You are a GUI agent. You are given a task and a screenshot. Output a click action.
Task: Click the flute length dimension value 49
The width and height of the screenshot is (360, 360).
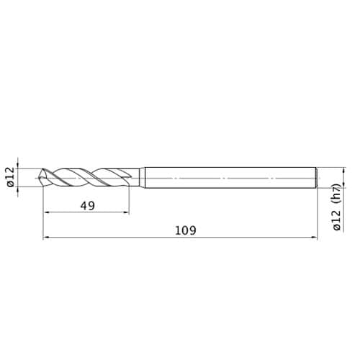88,206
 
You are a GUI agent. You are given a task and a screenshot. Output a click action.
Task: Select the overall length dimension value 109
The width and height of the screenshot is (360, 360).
186,230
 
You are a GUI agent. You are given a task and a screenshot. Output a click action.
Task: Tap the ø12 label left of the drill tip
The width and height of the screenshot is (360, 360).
11,177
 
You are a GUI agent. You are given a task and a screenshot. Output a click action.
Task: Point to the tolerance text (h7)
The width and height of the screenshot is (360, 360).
337,194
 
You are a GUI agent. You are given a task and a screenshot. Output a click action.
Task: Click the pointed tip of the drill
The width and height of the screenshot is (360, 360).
39,178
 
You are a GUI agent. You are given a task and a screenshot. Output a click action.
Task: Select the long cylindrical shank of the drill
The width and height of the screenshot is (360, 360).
230,178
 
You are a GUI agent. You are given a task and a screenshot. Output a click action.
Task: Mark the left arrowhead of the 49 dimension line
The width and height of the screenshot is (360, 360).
46,212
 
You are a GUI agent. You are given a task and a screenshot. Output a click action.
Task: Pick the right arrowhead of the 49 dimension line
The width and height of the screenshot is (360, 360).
127,212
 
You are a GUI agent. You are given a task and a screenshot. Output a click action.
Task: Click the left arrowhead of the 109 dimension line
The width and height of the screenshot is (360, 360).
46,238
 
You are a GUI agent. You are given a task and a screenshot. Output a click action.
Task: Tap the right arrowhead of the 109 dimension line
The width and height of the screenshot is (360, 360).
315,238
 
